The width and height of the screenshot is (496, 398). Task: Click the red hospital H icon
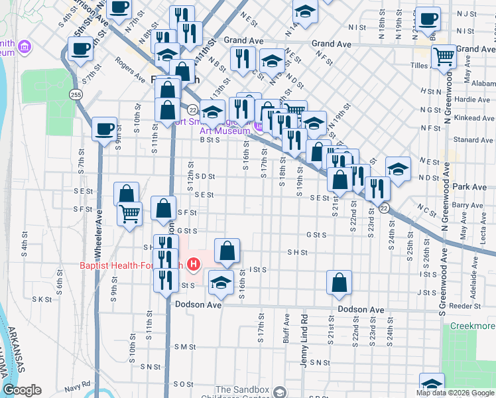point(193,266)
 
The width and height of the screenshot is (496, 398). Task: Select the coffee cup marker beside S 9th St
point(104,129)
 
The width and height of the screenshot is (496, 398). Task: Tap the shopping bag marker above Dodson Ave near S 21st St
point(339,282)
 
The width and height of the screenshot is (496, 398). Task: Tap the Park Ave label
point(471,187)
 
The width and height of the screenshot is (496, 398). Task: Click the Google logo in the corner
point(22,390)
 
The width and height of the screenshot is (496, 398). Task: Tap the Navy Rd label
point(77,387)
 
